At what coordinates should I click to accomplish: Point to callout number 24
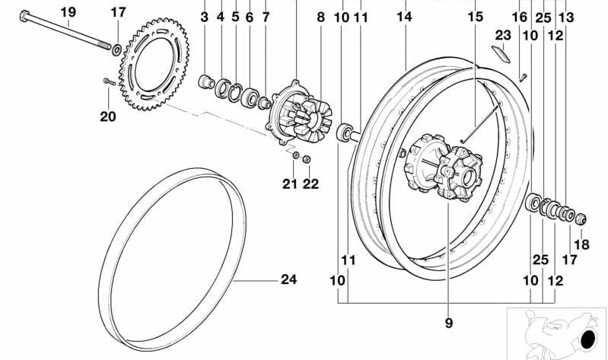click(288, 279)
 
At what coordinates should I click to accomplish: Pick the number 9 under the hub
click(448, 323)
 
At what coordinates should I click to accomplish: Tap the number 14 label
click(403, 16)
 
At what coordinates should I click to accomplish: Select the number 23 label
click(503, 34)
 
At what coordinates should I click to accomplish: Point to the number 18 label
click(581, 244)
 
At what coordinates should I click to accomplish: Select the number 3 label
click(204, 16)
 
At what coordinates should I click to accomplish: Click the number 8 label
click(320, 16)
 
